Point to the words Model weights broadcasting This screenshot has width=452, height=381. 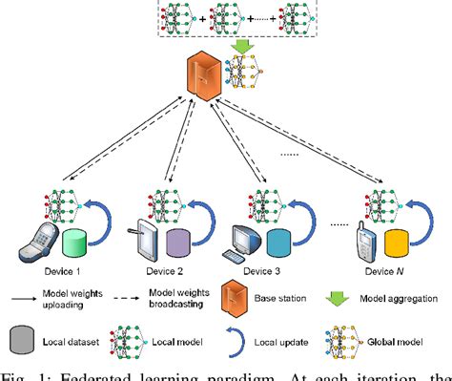[180, 301]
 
